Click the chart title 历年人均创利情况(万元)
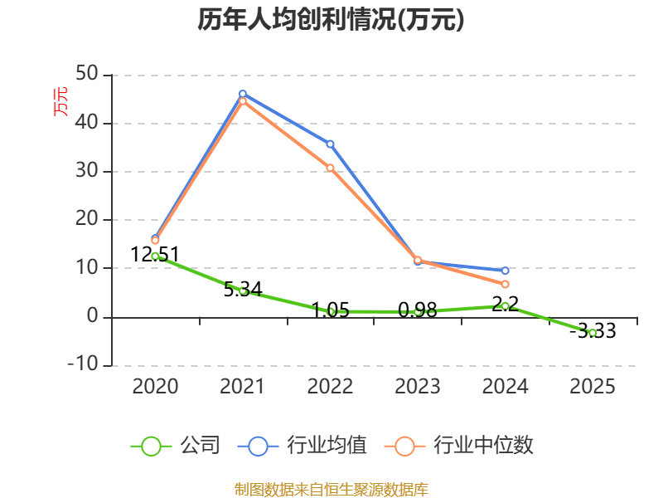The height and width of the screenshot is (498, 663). (331, 19)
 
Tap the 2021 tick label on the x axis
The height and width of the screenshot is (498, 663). (242, 386)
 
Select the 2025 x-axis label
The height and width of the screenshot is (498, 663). (593, 386)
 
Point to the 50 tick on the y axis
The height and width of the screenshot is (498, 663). (87, 76)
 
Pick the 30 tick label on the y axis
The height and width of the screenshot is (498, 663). (87, 172)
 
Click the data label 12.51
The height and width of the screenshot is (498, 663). (155, 254)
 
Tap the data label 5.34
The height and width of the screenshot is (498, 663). (242, 290)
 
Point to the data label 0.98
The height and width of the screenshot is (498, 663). (417, 310)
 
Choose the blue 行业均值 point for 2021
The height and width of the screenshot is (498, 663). (242, 94)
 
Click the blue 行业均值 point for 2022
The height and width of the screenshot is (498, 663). (330, 144)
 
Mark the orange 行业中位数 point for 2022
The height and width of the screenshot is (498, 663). (330, 168)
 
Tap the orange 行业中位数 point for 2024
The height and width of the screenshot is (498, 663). (505, 284)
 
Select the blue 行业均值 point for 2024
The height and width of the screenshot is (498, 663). (505, 271)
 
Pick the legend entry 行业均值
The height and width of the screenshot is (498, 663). (302, 446)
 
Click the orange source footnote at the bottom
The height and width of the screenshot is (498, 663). (331, 489)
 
